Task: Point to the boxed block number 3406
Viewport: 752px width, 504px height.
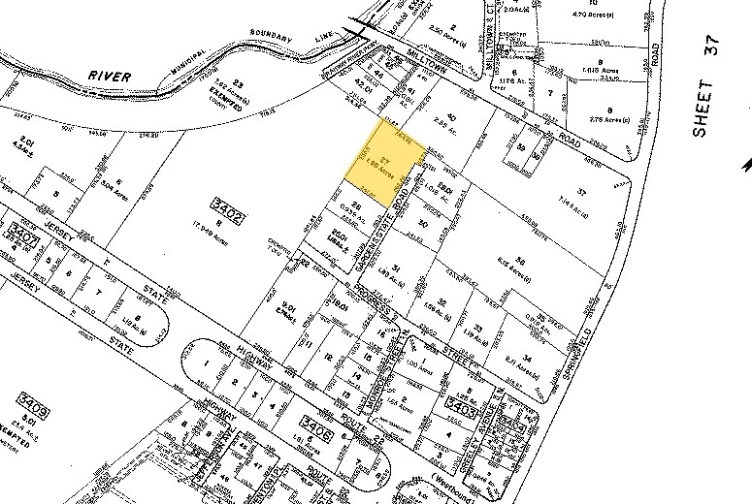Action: (317, 422)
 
